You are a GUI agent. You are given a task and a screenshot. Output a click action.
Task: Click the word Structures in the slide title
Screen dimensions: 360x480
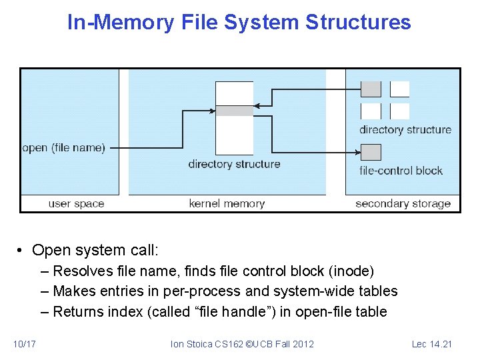click(x=358, y=23)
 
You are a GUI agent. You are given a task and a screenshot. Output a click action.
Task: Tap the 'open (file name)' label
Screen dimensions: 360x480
click(x=63, y=148)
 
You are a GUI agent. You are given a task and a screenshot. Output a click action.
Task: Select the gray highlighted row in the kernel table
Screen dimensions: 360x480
click(x=235, y=111)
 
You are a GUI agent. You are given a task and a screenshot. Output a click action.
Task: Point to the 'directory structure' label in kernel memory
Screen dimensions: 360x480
click(x=234, y=164)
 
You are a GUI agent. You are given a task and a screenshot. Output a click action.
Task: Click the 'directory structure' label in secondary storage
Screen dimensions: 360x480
click(x=405, y=130)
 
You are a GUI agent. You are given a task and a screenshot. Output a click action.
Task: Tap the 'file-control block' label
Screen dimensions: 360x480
click(x=401, y=171)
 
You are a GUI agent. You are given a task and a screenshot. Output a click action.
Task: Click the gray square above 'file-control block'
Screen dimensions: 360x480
click(x=371, y=153)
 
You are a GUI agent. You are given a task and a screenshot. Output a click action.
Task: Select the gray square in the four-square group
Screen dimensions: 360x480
click(x=371, y=89)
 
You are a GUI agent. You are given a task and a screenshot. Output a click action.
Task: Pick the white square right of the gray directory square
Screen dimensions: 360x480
click(x=400, y=89)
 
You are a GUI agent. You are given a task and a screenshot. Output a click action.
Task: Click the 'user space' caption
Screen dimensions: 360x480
click(x=76, y=204)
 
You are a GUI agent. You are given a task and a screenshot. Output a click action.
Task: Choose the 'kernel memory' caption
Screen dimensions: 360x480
click(x=227, y=204)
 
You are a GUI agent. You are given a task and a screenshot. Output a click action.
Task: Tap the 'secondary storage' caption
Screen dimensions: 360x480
click(x=403, y=204)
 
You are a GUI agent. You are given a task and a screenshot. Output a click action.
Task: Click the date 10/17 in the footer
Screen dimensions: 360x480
click(x=25, y=344)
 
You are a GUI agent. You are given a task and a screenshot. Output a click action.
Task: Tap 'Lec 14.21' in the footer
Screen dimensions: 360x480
click(x=431, y=344)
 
